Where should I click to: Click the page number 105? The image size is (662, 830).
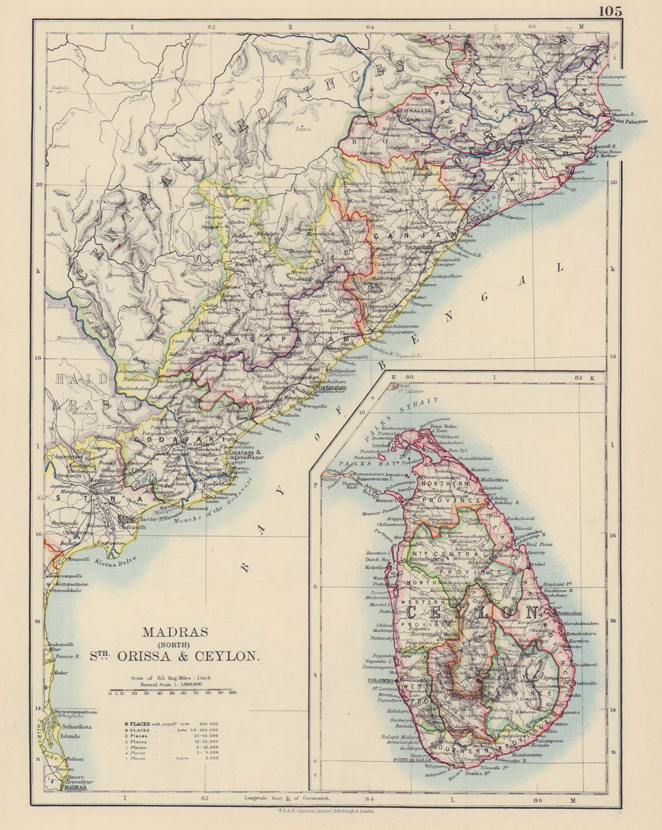[x=610, y=11]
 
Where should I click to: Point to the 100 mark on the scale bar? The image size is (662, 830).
[x=232, y=694]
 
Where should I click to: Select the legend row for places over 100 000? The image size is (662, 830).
[x=173, y=723]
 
